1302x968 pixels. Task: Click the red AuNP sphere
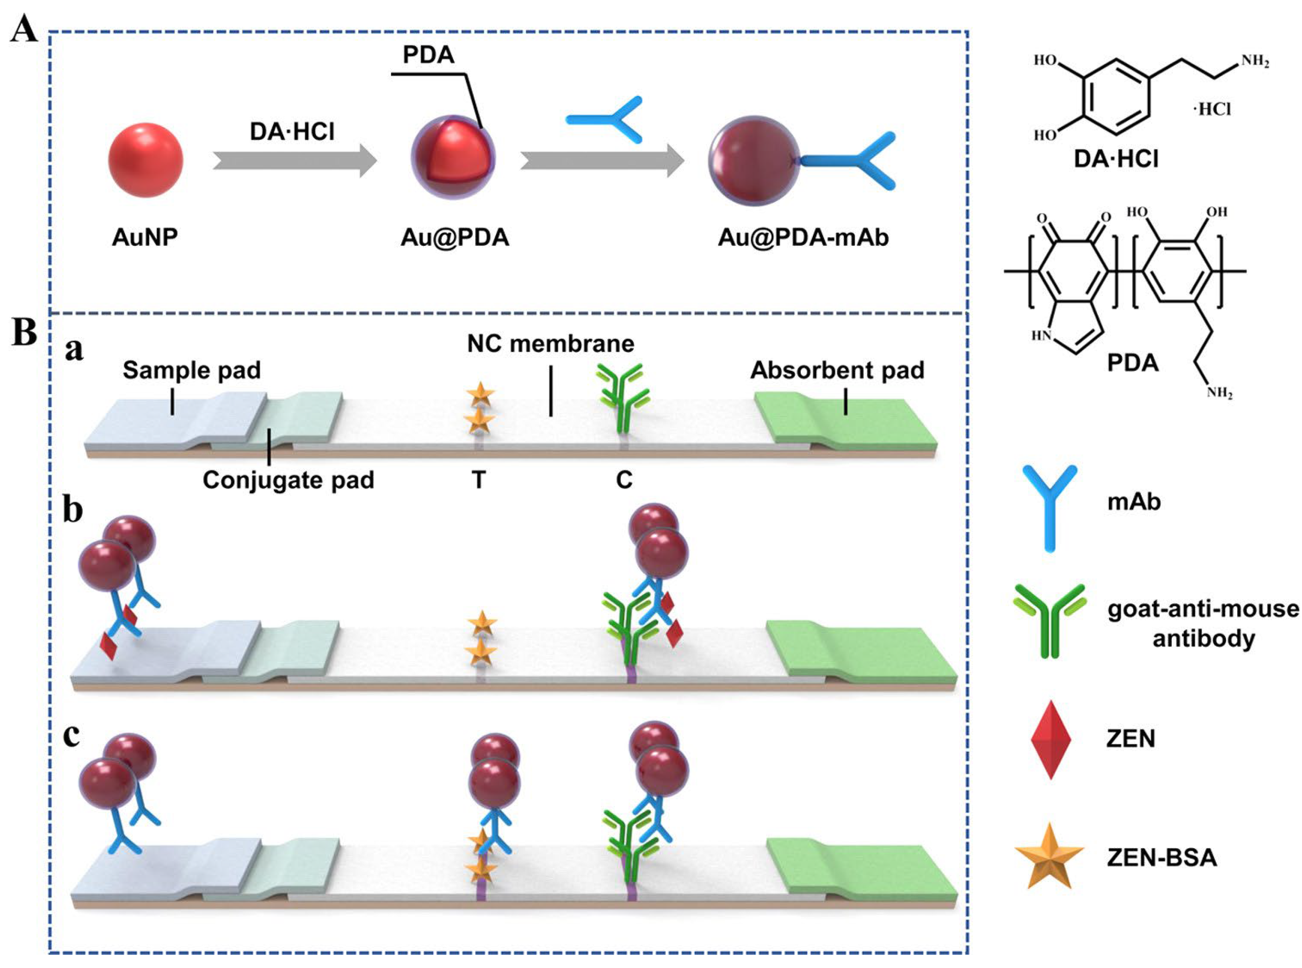tap(145, 159)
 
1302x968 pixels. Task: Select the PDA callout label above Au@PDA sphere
tap(428, 55)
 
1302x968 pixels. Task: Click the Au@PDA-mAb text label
tap(803, 237)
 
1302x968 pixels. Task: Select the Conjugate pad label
tap(288, 480)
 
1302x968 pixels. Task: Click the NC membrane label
tap(550, 343)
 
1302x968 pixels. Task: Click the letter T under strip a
tap(479, 480)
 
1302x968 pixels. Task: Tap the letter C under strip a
tap(624, 480)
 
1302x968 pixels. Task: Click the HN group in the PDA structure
tap(1041, 336)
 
